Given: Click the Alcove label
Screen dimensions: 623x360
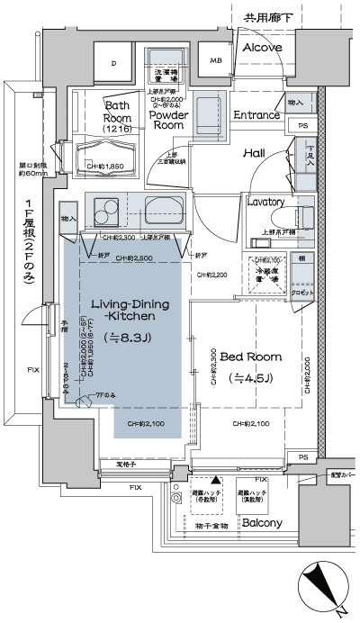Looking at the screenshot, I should pos(262,47).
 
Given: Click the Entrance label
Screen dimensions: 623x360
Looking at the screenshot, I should pos(256,115).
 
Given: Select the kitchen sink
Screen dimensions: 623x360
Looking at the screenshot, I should pos(163,212).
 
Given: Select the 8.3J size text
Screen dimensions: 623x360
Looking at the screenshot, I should pos(126,337).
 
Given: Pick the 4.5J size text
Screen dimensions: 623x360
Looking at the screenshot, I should pos(251,376).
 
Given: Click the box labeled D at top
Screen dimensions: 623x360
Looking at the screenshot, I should pos(113,63).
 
